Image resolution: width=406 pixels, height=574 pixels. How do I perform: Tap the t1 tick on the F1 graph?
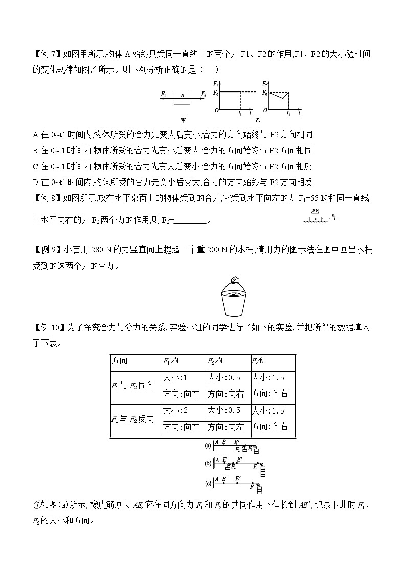coord(240,113)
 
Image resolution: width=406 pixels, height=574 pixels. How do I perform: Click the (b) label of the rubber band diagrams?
coord(208,463)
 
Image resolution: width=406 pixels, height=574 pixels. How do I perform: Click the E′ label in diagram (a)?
coord(236,441)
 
